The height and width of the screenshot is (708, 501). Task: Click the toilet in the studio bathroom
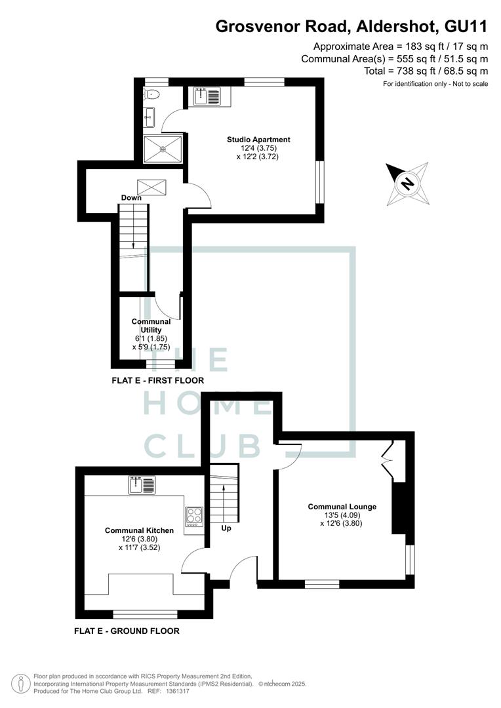pyautogui.click(x=151, y=94)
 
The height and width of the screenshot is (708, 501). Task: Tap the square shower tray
pyautogui.click(x=163, y=149)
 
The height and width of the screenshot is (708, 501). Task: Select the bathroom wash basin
pyautogui.click(x=149, y=117)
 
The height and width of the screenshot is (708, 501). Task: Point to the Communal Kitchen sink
pyautogui.click(x=142, y=485)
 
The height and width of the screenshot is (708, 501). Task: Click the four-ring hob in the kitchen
pyautogui.click(x=194, y=517)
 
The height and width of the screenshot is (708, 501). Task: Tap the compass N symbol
pyautogui.click(x=407, y=184)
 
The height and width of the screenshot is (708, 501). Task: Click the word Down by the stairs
pyautogui.click(x=131, y=198)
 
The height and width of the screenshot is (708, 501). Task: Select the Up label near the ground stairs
pyautogui.click(x=226, y=528)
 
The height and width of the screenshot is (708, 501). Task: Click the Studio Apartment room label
pyautogui.click(x=258, y=140)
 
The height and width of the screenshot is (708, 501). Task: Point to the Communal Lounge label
pyautogui.click(x=342, y=507)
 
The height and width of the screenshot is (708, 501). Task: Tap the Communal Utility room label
pyautogui.click(x=151, y=326)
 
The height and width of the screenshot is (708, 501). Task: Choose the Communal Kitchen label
pyautogui.click(x=139, y=530)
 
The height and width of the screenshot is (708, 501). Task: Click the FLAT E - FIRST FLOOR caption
pyautogui.click(x=157, y=381)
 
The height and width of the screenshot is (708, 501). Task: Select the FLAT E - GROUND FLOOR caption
pyautogui.click(x=127, y=631)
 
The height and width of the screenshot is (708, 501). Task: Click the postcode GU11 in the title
pyautogui.click(x=466, y=26)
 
